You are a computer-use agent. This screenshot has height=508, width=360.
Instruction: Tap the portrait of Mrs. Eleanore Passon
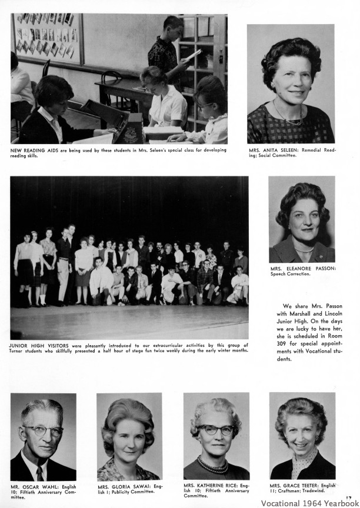pyautogui.click(x=302, y=219)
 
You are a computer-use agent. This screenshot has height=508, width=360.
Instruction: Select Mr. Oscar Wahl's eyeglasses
pyautogui.click(x=43, y=430)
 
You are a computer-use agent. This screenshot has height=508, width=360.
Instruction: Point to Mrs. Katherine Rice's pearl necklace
pyautogui.click(x=214, y=468)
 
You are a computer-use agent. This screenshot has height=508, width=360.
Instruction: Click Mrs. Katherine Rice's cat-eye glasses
pyautogui.click(x=215, y=429)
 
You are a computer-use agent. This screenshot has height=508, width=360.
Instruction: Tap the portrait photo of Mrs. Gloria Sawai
pyautogui.click(x=129, y=436)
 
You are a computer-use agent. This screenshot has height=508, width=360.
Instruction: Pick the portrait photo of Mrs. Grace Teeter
pyautogui.click(x=302, y=435)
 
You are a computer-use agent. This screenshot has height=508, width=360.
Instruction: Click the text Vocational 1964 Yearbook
pyautogui.click(x=309, y=503)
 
